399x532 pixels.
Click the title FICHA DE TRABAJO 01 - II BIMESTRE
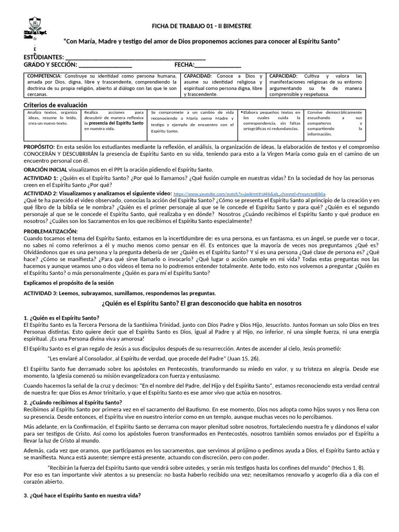(201, 25)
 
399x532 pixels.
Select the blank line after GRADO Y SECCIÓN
(105, 65)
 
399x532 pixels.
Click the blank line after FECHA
(218, 65)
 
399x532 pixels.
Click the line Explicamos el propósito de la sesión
(75, 283)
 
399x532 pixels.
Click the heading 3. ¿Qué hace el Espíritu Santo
(82, 495)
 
